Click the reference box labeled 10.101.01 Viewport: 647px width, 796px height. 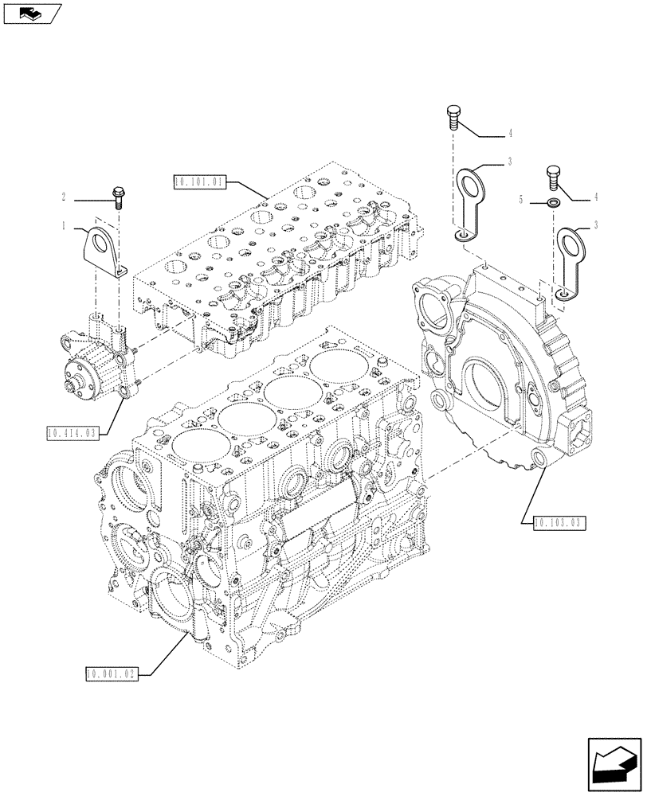199,182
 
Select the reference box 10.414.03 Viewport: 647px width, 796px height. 73,433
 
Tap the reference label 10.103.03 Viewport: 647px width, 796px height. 556,522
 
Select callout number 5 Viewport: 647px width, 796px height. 521,200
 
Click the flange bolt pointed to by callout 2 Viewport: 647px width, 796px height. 117,196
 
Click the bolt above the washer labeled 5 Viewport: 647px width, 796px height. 552,177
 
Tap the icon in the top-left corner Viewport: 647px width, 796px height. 30,12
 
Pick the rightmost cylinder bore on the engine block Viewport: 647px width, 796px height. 337,367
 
